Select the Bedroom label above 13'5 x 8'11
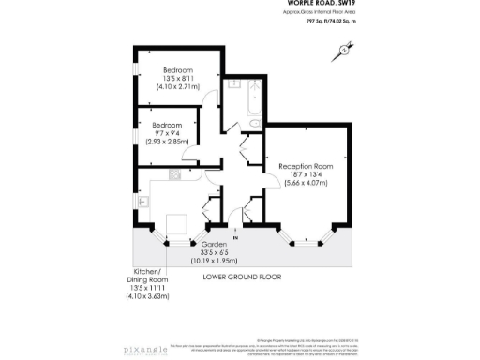[179, 70]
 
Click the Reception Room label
[307, 165]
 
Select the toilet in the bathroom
[254, 123]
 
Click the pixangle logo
[151, 350]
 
